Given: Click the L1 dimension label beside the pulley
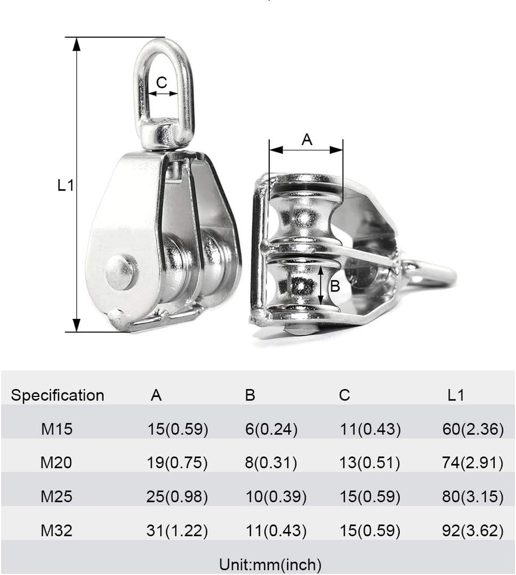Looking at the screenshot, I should [x=66, y=185].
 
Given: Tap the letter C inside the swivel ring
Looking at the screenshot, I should [x=162, y=83].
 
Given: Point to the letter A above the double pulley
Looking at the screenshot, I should [x=306, y=139].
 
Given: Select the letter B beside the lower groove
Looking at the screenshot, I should [x=335, y=286].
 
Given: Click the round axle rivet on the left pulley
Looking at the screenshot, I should [x=121, y=272].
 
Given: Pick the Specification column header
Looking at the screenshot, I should [x=58, y=395].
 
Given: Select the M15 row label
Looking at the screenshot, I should [x=57, y=430].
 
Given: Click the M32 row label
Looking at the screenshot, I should [x=57, y=531].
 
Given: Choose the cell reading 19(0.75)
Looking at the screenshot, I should [x=177, y=463].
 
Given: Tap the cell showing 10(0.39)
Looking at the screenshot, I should [x=276, y=497].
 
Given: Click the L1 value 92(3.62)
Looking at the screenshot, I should [x=472, y=531].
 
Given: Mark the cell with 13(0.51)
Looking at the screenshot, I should [x=370, y=463].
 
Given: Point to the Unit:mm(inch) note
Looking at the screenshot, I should [x=270, y=564].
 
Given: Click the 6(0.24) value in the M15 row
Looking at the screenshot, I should [x=271, y=430].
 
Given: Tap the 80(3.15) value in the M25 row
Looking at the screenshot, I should [x=472, y=497].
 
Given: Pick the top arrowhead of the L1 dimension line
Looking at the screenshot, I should [x=77, y=44].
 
